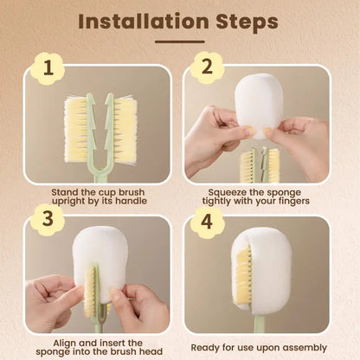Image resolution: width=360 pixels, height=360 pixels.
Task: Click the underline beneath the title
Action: pos(179,41)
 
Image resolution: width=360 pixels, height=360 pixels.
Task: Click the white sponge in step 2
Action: pos(259,104)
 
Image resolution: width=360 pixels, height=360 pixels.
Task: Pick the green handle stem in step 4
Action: pos(259,325)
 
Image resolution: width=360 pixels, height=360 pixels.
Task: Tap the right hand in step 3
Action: pos(143,303)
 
